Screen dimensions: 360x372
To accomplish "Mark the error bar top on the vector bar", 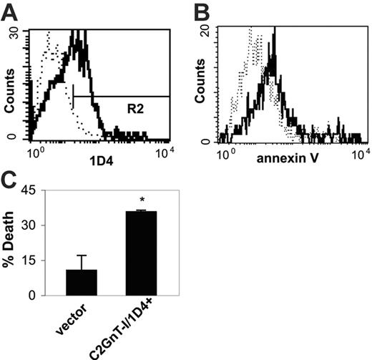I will point(81,256).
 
